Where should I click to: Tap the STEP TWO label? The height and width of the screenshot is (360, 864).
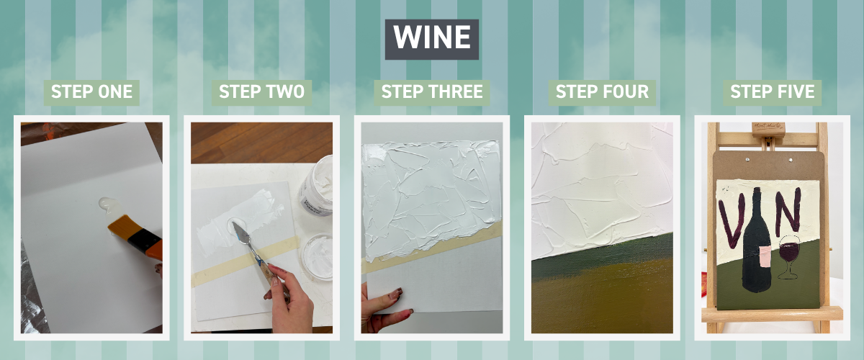pos(261,92)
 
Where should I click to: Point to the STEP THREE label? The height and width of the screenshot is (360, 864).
pos(432,92)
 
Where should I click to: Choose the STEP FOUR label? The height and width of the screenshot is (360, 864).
pos(602,92)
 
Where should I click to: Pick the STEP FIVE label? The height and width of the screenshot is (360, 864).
pos(772,92)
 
